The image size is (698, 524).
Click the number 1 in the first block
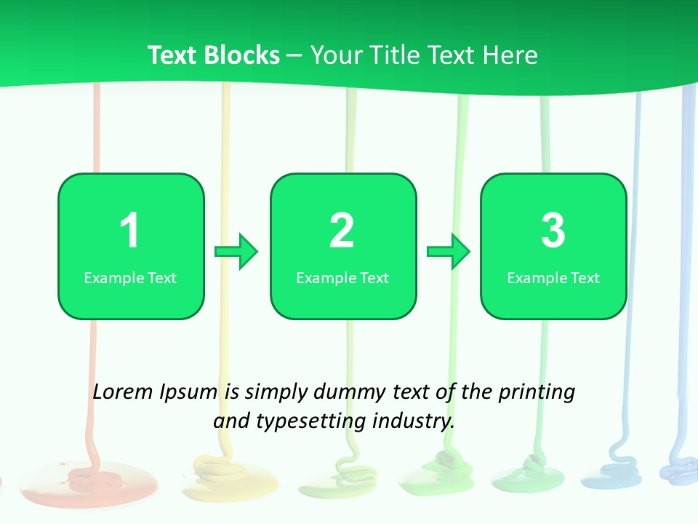(129, 231)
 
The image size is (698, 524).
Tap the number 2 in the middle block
(342, 231)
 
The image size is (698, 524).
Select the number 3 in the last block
(553, 231)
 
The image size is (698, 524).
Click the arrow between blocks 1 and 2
(237, 252)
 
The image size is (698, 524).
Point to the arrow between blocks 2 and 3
(449, 252)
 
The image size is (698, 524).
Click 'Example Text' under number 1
(130, 277)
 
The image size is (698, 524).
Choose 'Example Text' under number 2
(342, 277)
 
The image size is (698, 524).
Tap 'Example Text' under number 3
(553, 277)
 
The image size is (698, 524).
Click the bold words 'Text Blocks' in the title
(214, 55)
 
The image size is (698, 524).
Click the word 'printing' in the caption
(536, 393)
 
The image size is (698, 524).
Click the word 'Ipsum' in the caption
(188, 393)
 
